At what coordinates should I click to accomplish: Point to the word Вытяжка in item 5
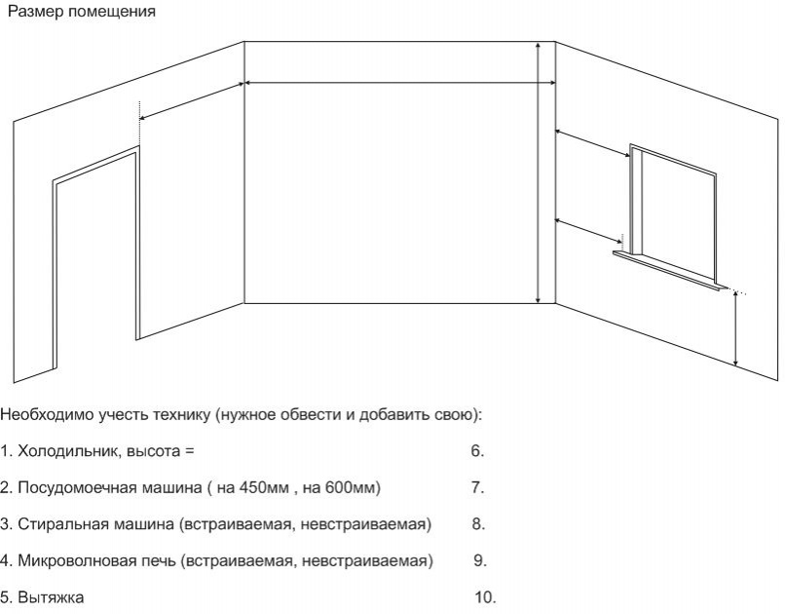click(51, 597)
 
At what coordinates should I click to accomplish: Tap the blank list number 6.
click(477, 451)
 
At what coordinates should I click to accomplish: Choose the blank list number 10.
click(485, 597)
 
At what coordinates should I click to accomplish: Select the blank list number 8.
click(478, 524)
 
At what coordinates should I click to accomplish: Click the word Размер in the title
click(35, 12)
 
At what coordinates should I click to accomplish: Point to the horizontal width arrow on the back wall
click(399, 83)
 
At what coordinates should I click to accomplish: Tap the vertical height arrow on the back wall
click(538, 173)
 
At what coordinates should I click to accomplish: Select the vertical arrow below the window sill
click(735, 329)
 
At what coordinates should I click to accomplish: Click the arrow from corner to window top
click(593, 143)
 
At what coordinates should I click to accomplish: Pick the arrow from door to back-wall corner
click(191, 101)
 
